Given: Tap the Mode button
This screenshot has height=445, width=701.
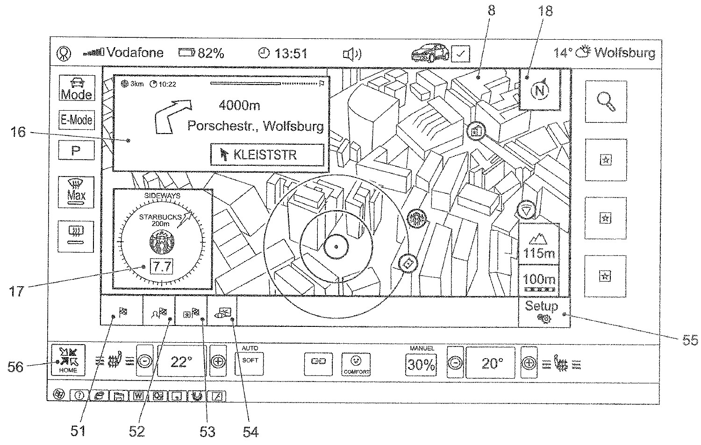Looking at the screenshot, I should [x=77, y=88].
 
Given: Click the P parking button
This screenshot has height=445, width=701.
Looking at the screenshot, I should [x=76, y=150].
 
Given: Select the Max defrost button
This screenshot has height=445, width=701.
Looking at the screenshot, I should [x=76, y=191].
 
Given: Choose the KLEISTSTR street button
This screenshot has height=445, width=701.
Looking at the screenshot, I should [x=267, y=155].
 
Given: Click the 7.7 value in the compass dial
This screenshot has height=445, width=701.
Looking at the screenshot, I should [x=162, y=267].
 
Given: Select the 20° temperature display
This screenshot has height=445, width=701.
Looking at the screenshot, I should [x=490, y=363].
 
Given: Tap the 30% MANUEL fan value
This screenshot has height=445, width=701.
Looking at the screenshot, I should [x=421, y=363].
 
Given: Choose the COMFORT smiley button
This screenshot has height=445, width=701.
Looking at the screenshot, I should [x=356, y=363].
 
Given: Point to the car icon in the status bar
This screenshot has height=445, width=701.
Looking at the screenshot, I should [x=429, y=53].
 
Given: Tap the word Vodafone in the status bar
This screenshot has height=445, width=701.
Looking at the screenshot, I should [x=135, y=53].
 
